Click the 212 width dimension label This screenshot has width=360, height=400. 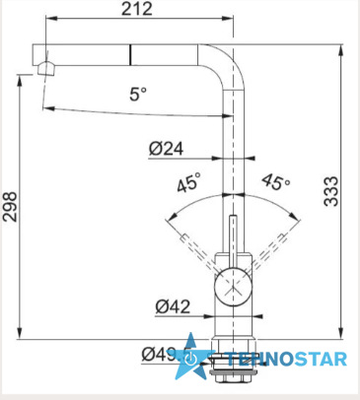tap(137, 9)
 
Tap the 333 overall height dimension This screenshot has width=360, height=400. tap(331, 191)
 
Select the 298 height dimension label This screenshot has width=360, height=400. tap(10, 207)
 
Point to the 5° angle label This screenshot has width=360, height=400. tap(138, 95)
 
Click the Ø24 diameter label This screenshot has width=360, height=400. tap(166, 149)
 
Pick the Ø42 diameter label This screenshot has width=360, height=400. tap(173, 307)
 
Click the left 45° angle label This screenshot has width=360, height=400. tap(188, 182)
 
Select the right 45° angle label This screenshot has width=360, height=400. tap(276, 181)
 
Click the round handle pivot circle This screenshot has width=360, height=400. tap(233, 286)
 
